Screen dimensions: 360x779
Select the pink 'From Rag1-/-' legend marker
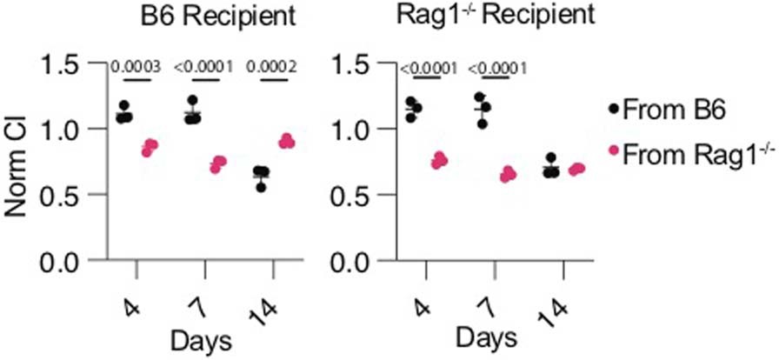[x=615, y=151]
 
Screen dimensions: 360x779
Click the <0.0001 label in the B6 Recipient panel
[x=203, y=64]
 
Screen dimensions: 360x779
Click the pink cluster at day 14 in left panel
[x=286, y=142]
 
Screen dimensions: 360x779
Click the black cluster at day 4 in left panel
[x=125, y=113]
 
